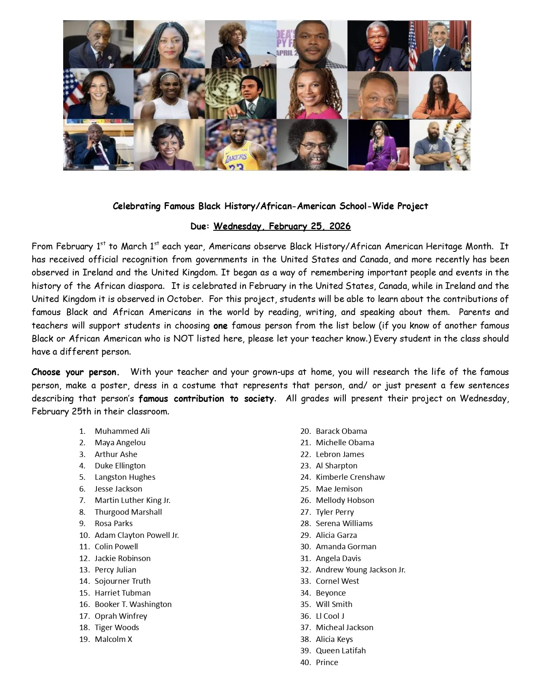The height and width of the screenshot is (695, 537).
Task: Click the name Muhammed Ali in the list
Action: [x=122, y=431]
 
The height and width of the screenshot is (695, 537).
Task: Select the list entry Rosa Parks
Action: [x=113, y=523]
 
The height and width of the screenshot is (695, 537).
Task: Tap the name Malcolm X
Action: [x=113, y=639]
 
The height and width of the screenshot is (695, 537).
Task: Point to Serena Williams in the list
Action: [x=344, y=523]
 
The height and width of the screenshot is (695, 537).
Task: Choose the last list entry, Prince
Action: [x=327, y=662]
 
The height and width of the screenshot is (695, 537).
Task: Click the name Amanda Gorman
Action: [x=346, y=546]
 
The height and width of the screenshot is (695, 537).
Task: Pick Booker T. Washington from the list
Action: [x=133, y=604]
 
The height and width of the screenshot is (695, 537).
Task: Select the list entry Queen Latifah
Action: [x=341, y=650]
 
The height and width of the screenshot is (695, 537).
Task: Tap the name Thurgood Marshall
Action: [x=128, y=512]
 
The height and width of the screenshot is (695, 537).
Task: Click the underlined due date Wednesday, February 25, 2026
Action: [x=282, y=226]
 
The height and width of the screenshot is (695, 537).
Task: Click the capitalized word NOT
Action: [x=182, y=339]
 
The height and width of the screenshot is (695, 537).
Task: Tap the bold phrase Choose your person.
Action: [x=75, y=372]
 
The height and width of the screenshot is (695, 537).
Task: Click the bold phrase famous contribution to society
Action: [x=206, y=398]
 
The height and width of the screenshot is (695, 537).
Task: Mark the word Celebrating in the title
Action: [x=136, y=206]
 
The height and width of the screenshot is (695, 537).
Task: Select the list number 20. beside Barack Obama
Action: [x=305, y=431]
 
